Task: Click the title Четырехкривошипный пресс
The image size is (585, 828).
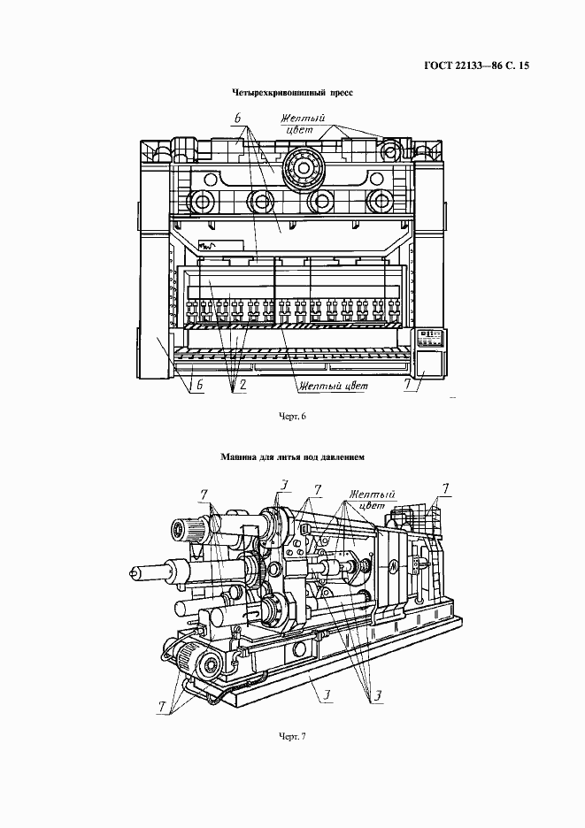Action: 292,93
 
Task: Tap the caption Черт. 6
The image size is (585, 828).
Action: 292,416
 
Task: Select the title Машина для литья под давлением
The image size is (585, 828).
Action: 292,457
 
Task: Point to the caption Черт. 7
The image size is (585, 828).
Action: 292,737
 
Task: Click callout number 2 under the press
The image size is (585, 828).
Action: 242,385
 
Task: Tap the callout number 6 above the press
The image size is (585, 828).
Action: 238,119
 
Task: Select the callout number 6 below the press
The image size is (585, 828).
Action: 199,386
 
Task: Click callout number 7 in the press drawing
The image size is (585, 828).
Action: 408,385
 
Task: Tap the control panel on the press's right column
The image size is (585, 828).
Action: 431,338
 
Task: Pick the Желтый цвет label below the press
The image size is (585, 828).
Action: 333,386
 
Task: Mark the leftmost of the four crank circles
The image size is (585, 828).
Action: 203,201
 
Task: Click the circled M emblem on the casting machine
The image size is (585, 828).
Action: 395,567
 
